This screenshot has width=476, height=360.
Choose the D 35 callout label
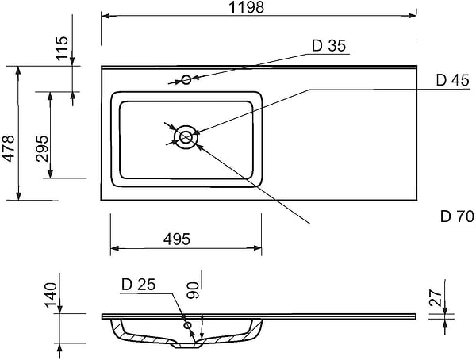(x=328, y=46)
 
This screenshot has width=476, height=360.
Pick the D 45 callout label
(x=452, y=80)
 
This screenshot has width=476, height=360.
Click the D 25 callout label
(x=137, y=285)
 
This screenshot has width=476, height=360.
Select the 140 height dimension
(x=52, y=295)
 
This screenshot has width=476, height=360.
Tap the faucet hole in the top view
(x=186, y=79)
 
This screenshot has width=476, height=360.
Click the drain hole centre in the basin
(x=186, y=136)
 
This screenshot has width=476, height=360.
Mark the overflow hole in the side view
(x=187, y=325)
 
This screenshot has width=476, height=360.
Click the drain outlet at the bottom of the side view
(x=187, y=346)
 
